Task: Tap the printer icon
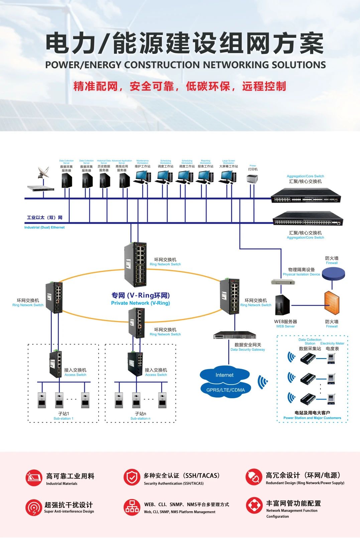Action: click(253, 179)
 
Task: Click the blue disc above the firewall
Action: click(333, 274)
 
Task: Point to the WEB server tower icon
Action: click(282, 305)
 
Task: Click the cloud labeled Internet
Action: click(225, 375)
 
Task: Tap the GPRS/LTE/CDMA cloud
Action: click(226, 390)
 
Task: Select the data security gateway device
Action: click(235, 335)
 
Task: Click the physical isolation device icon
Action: click(283, 282)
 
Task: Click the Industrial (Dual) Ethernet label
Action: click(44, 227)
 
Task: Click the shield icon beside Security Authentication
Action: click(132, 477)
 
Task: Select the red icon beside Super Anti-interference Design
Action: click(33, 508)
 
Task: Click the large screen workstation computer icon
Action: click(228, 177)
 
